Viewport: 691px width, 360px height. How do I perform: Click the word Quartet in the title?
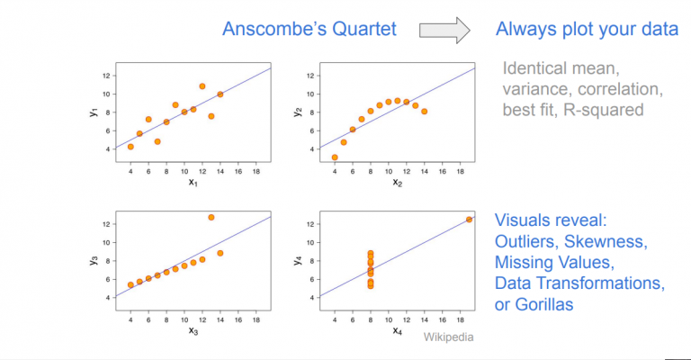pyautogui.click(x=358, y=30)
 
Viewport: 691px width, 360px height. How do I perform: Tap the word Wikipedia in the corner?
pyautogui.click(x=448, y=337)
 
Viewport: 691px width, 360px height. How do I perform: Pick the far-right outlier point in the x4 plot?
pyautogui.click(x=469, y=220)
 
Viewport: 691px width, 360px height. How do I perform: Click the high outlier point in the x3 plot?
pyautogui.click(x=211, y=217)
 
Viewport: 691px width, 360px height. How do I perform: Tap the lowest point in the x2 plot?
pyautogui.click(x=335, y=157)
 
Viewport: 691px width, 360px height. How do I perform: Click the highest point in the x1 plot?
pyautogui.click(x=202, y=86)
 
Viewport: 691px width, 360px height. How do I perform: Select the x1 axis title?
pyautogui.click(x=193, y=182)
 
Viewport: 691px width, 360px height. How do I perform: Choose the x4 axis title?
pyautogui.click(x=398, y=330)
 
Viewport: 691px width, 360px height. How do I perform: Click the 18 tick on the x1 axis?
pyautogui.click(x=256, y=170)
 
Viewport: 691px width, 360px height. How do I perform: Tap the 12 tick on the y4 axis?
pyautogui.click(x=312, y=223)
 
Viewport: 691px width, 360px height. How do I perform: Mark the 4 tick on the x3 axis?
pyautogui.click(x=130, y=319)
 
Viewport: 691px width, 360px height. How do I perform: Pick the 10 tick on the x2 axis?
pyautogui.click(x=388, y=170)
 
